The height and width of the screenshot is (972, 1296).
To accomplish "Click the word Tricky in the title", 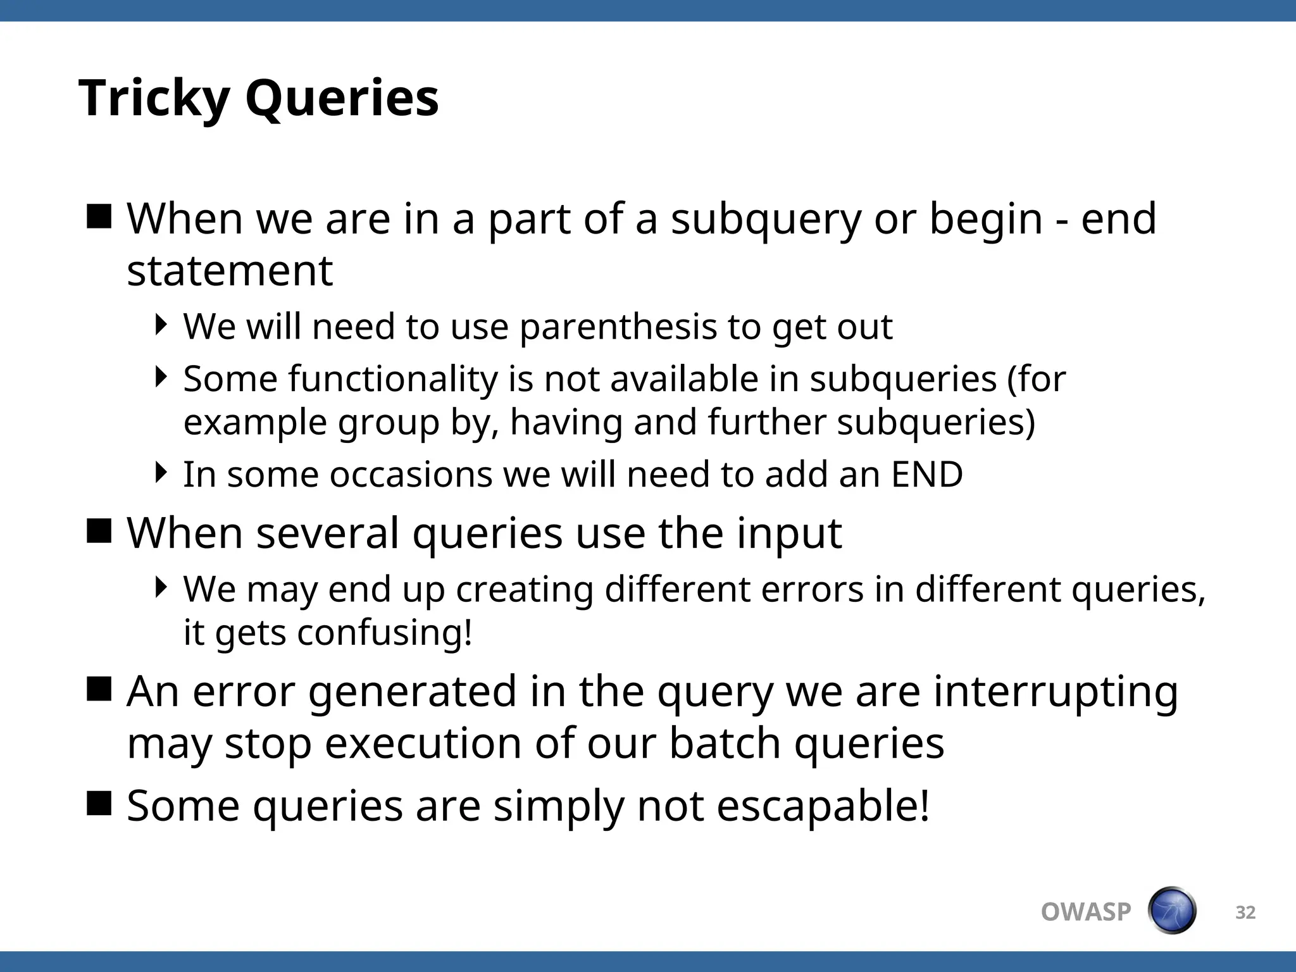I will coord(154,99).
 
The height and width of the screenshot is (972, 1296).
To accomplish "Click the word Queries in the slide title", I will coord(342,99).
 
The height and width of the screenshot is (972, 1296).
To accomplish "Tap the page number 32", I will coord(1245,913).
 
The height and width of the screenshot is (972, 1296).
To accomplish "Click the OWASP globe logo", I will coord(1171,911).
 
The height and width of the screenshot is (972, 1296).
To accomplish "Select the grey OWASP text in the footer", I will coord(1085,912).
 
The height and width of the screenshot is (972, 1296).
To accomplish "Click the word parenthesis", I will coord(618,328).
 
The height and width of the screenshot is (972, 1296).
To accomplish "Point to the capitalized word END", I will coord(927,475).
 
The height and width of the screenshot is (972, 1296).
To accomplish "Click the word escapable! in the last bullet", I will coord(823,806).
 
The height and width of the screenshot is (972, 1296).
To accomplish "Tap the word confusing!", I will coord(385,632).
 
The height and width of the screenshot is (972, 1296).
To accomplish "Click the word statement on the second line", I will coord(230,271).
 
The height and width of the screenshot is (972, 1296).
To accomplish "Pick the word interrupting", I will coord(1056,691).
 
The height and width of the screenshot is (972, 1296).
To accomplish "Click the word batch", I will coord(725,743).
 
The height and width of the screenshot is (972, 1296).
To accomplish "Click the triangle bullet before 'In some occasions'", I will coord(161,472).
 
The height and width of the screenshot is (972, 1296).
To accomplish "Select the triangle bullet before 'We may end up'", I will coord(161,587).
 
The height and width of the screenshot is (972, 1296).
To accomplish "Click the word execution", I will coord(423,743).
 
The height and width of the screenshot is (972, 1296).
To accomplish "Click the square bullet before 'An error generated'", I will coord(99,689).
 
